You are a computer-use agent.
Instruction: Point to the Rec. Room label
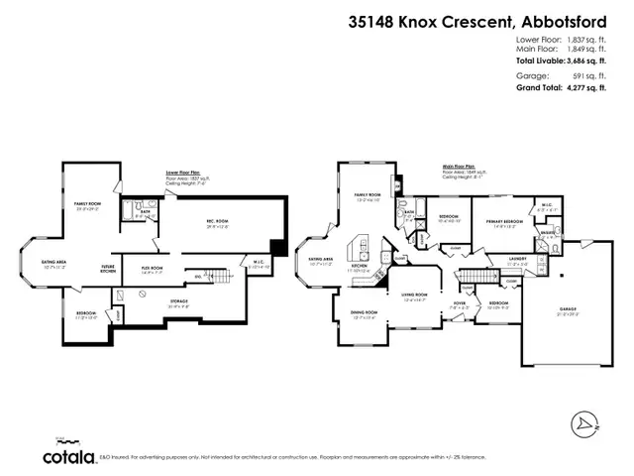(x=217, y=223)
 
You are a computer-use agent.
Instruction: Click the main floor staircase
(x=482, y=280)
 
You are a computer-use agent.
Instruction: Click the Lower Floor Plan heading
(x=184, y=172)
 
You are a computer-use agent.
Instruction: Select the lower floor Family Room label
(x=90, y=204)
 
